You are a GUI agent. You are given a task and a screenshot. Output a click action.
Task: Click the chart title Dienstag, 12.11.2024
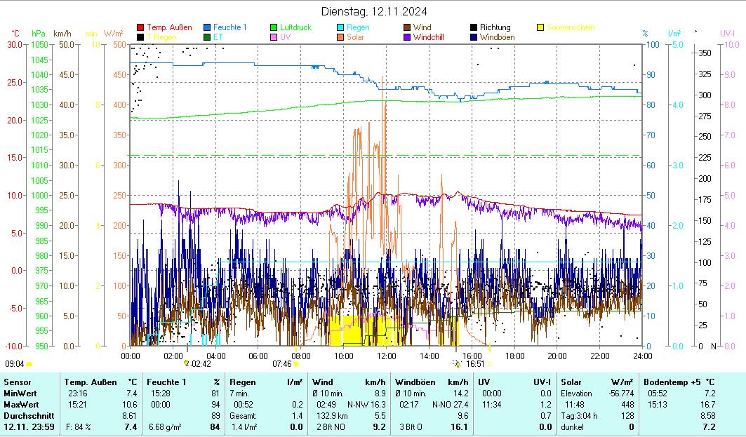(x=374, y=11)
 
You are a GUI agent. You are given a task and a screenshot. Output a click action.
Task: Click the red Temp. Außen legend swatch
(x=140, y=27)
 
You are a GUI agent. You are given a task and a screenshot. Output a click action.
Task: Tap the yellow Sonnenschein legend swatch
(x=540, y=27)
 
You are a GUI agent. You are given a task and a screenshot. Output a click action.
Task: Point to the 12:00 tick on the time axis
(x=387, y=356)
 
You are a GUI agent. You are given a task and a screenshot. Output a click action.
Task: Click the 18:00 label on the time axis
(x=514, y=356)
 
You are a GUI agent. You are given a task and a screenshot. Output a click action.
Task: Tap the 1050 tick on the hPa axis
(x=39, y=44)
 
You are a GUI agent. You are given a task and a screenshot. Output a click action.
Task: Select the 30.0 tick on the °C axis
(x=15, y=44)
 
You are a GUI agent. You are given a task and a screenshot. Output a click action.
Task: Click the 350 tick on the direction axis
(x=705, y=53)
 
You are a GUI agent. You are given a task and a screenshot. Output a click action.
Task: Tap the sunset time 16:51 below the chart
(x=475, y=364)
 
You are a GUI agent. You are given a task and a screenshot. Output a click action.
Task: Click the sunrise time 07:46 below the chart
(x=281, y=364)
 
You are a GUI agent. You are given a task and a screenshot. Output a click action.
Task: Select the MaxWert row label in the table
(x=20, y=405)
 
